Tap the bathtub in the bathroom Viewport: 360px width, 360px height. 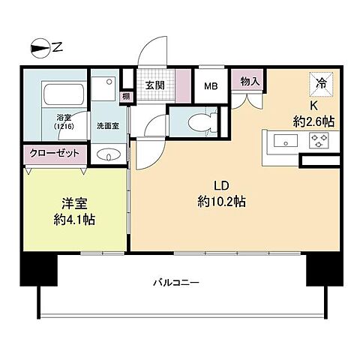point(65,96)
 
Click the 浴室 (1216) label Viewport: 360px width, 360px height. point(62,122)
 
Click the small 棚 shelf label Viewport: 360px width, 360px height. point(126,96)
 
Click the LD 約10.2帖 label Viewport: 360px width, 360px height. point(220,193)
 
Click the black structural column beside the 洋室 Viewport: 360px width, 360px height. point(39,268)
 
